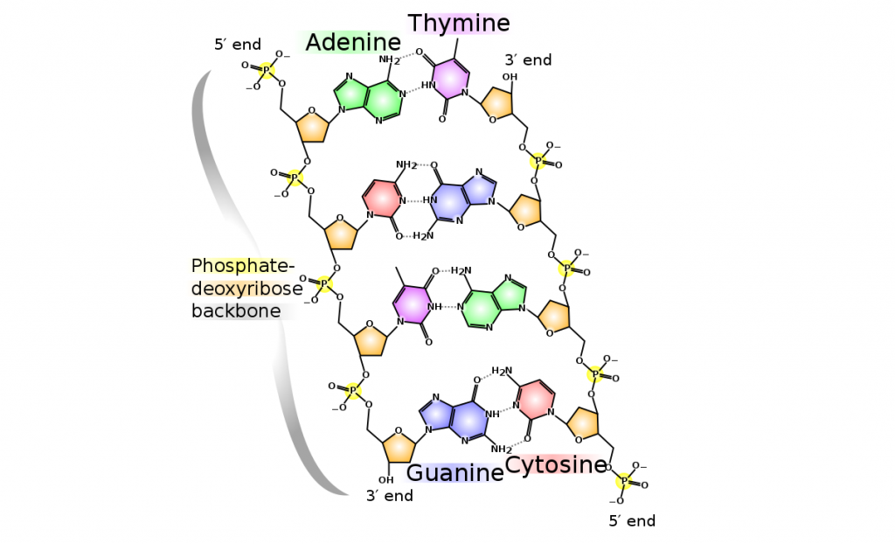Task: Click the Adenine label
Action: (x=353, y=42)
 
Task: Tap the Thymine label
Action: (x=459, y=22)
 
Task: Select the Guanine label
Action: (x=455, y=473)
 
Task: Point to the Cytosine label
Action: (x=556, y=464)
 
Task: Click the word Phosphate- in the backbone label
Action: (x=243, y=266)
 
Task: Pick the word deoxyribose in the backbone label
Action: (x=247, y=289)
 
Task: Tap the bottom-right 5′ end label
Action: (x=632, y=521)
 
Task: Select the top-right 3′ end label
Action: (x=528, y=59)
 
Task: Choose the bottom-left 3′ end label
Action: (x=389, y=496)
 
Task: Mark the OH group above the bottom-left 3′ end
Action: (x=385, y=479)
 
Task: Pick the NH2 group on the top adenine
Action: (x=389, y=60)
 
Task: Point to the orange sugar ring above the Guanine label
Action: (x=399, y=445)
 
